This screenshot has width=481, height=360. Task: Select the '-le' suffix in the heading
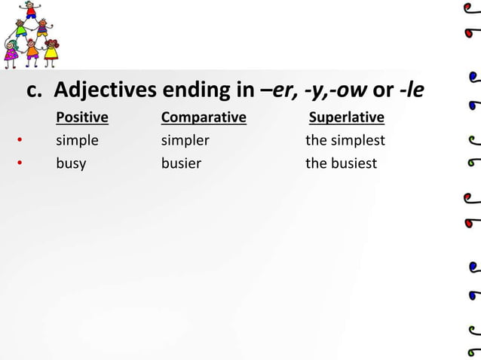[412, 92]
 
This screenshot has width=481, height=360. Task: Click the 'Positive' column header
[82, 117]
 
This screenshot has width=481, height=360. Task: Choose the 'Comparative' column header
[204, 117]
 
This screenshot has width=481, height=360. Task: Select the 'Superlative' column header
[347, 117]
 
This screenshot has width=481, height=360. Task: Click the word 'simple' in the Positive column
[77, 140]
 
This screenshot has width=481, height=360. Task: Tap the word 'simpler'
[185, 140]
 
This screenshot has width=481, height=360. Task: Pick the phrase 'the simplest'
[345, 140]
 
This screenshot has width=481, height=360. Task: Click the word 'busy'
[71, 163]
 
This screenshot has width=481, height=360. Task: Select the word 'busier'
[181, 163]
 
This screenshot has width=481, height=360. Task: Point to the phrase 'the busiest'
[341, 163]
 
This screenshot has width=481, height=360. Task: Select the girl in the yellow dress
[51, 53]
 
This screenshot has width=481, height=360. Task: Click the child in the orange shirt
[32, 53]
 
